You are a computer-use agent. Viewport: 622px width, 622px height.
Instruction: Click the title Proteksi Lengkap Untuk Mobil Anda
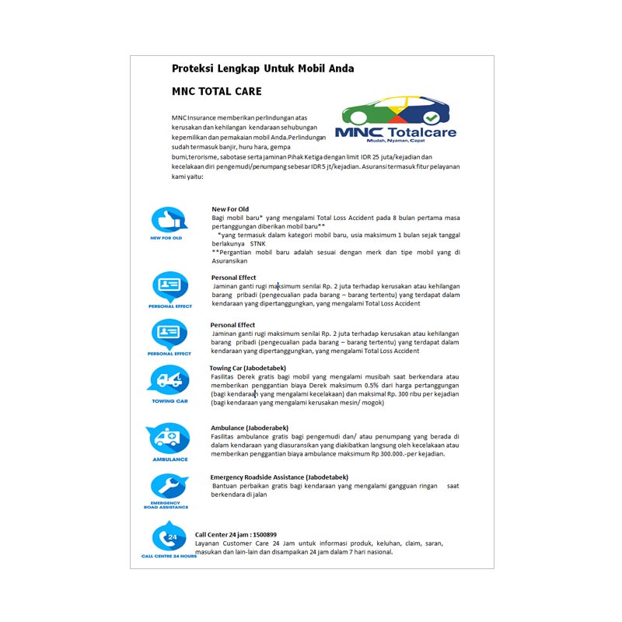pos(263,68)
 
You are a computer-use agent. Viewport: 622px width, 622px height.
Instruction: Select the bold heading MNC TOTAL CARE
pos(211,91)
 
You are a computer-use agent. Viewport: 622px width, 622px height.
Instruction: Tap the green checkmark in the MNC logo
pos(431,117)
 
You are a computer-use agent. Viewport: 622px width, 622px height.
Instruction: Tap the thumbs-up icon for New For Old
pos(168,219)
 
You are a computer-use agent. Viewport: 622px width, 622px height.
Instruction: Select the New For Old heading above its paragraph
pos(230,209)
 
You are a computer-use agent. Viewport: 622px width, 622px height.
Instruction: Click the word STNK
pos(257,243)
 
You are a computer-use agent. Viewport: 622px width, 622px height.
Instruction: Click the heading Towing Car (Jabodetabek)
pos(248,368)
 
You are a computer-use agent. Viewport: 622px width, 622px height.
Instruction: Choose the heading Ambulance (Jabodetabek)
pos(250,428)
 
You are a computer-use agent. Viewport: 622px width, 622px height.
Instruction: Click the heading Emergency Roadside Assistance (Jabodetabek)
pos(279,477)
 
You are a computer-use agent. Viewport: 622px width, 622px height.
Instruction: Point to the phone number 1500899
pos(264,534)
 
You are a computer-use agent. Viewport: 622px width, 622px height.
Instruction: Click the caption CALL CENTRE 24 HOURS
pos(169,557)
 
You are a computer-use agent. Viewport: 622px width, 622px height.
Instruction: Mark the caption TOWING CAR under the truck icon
pos(169,401)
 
